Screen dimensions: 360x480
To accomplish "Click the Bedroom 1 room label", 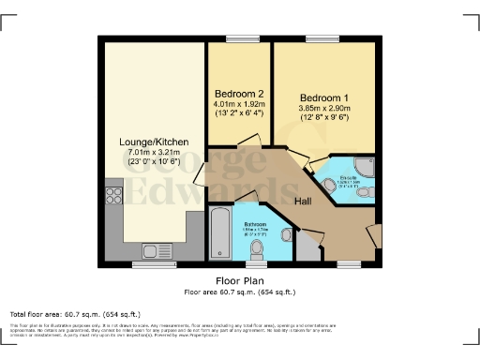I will click(x=324, y=97).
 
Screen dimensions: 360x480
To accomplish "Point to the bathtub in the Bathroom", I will click(x=219, y=232).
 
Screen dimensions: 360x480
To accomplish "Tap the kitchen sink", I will click(x=153, y=250).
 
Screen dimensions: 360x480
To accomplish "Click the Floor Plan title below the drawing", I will click(x=240, y=279).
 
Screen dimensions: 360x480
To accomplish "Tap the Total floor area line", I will click(x=75, y=313).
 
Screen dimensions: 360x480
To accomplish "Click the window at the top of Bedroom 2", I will click(x=237, y=38).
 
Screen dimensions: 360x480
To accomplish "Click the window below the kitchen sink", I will click(x=153, y=264).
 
